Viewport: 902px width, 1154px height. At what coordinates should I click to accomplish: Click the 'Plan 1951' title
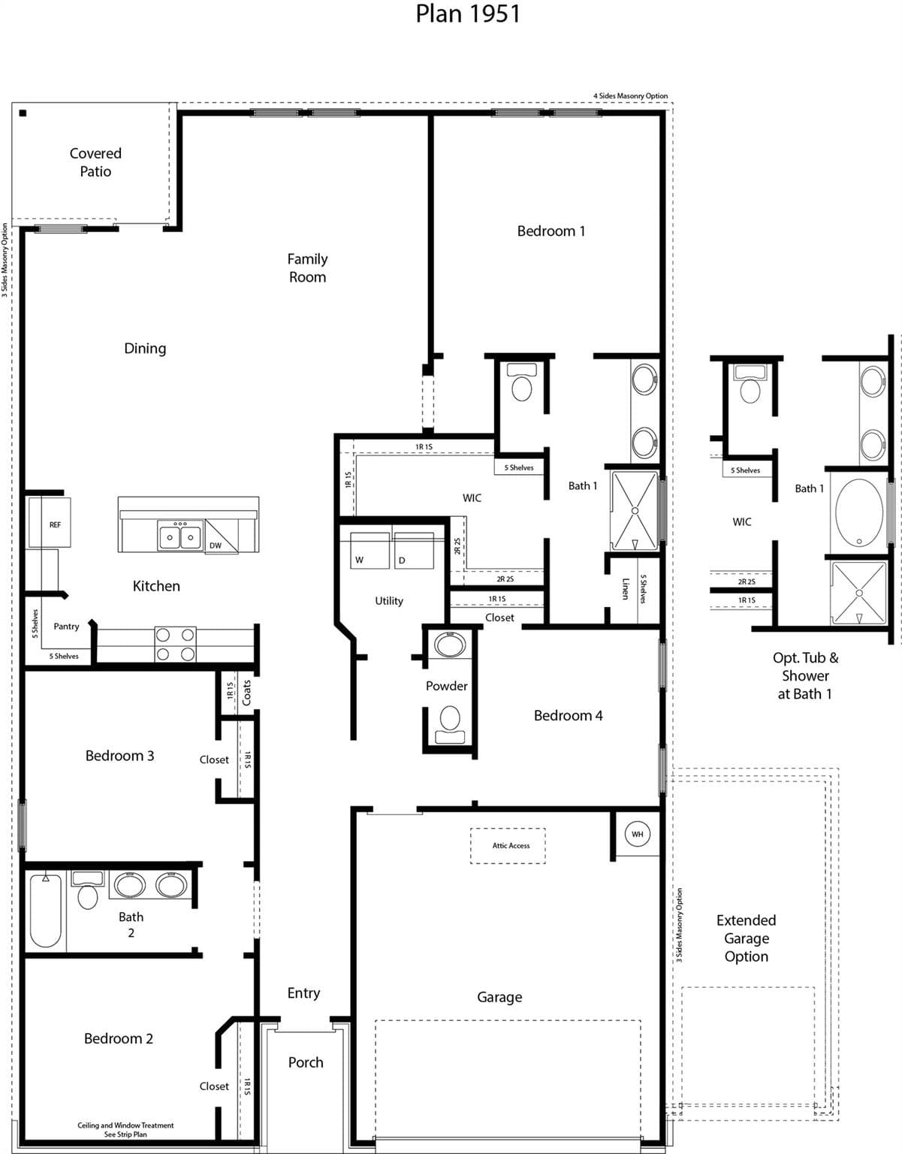coord(467,14)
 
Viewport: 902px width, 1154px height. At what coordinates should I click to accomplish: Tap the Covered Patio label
coord(95,162)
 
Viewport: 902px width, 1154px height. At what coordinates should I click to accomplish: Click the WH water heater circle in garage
coord(637,834)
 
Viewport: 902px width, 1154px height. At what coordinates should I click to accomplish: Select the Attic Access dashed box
coord(508,846)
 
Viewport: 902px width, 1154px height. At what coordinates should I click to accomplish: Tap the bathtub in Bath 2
coord(46,911)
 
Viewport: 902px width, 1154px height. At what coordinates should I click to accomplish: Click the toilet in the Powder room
coord(449,722)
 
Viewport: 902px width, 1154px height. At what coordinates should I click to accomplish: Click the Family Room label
coord(307,267)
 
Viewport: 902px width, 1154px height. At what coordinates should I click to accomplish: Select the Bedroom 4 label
coord(568,715)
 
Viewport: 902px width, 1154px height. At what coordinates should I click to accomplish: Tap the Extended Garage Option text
coord(746,938)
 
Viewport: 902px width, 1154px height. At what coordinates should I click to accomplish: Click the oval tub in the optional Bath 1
coord(858,512)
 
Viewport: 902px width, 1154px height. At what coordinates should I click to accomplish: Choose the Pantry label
coord(66,626)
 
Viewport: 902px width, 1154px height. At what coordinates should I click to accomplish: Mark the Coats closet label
coord(247,693)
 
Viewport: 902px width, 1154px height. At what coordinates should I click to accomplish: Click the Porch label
coord(306,1062)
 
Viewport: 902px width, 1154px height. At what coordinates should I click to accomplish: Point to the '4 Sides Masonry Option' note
coord(630,96)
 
